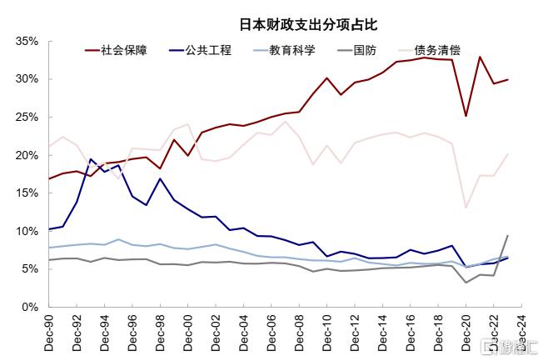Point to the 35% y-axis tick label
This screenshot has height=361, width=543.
point(28,41)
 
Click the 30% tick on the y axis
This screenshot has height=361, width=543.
point(28,79)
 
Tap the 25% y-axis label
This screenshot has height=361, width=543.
point(28,118)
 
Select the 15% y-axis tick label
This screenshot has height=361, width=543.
point(28,193)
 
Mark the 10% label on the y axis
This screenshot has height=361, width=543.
point(28,231)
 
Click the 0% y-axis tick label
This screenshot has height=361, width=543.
point(32,307)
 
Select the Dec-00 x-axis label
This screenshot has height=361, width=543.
point(188,333)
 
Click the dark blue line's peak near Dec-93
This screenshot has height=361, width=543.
point(91,158)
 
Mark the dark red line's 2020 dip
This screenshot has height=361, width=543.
point(466,116)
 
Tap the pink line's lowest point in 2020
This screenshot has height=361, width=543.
point(466,208)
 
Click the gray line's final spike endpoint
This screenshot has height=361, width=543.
point(507,235)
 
